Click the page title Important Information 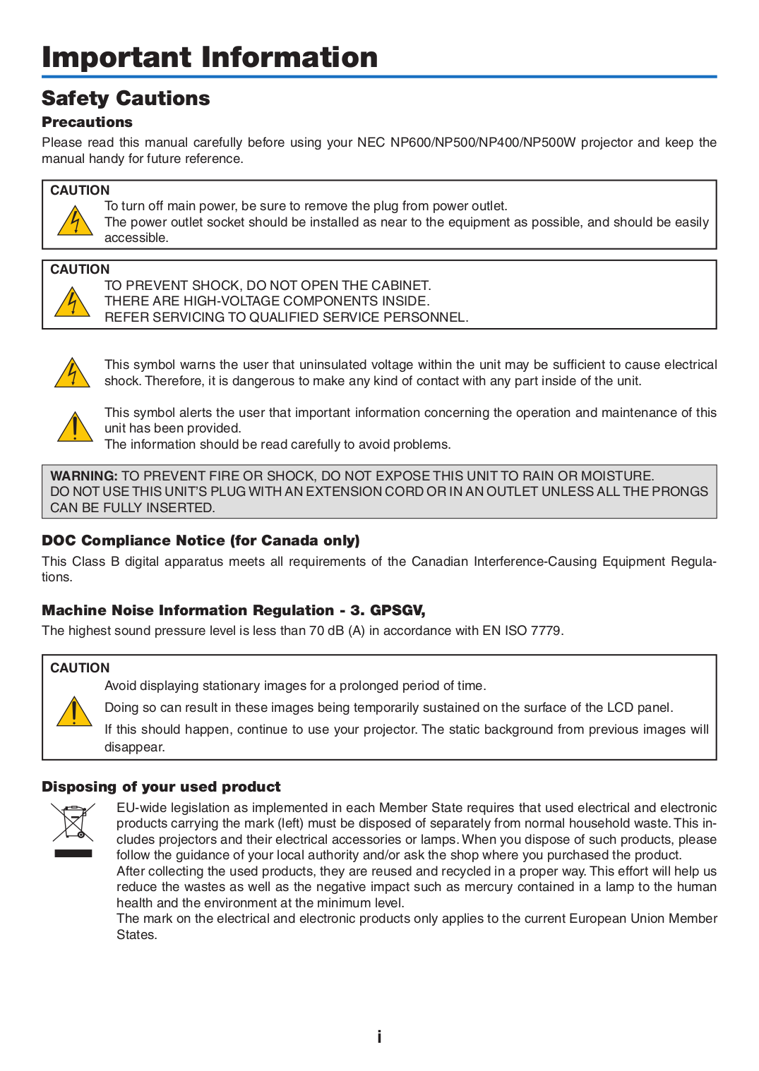click(210, 57)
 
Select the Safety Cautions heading click(126, 98)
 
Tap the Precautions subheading click(87, 122)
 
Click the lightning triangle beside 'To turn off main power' click(74, 222)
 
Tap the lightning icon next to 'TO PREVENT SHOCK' click(72, 302)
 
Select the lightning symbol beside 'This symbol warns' click(72, 373)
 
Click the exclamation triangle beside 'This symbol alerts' click(74, 428)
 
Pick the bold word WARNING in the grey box click(83, 476)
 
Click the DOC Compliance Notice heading click(201, 540)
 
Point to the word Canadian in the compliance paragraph click(439, 562)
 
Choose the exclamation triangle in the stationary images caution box click(74, 712)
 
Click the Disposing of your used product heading click(161, 787)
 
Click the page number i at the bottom click(379, 1036)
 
